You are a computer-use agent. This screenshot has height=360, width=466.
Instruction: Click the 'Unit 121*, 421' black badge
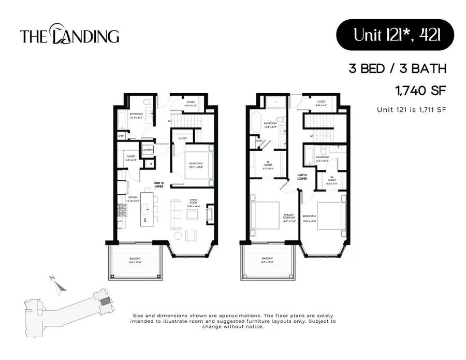(x=395, y=35)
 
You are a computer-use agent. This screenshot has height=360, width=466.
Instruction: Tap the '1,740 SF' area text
(x=420, y=91)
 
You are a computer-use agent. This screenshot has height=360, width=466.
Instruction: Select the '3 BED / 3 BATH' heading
(x=397, y=68)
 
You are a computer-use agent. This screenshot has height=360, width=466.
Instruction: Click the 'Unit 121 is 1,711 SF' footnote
(x=411, y=109)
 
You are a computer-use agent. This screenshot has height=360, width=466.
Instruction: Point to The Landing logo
(x=69, y=36)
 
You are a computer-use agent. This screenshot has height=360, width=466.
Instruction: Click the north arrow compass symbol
(x=59, y=283)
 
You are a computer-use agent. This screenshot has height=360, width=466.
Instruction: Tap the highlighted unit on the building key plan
(x=105, y=301)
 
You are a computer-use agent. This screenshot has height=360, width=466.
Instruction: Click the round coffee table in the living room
(x=177, y=236)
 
